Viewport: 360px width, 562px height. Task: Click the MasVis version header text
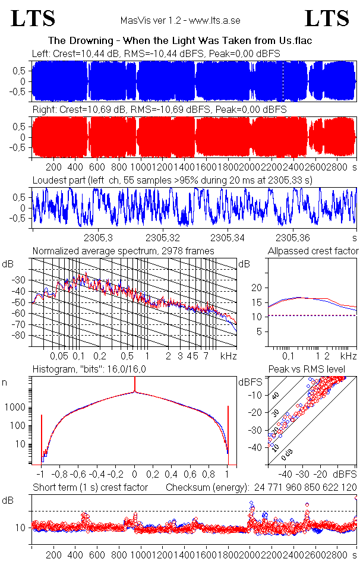pyautogui.click(x=180, y=20)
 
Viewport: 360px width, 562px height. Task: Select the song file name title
pyautogui.click(x=180, y=40)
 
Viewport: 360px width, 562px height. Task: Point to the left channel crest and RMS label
pyautogui.click(x=156, y=53)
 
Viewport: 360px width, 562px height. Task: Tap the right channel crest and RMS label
pyautogui.click(x=159, y=110)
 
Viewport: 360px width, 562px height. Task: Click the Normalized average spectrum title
pyautogui.click(x=123, y=251)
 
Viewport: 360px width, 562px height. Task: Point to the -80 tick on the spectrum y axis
pyautogui.click(x=23, y=335)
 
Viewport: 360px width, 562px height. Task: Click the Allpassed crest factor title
pyautogui.click(x=313, y=251)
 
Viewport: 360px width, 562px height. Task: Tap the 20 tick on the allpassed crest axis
pyautogui.click(x=256, y=288)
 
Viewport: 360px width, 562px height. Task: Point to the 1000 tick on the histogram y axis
pyautogui.click(x=17, y=408)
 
